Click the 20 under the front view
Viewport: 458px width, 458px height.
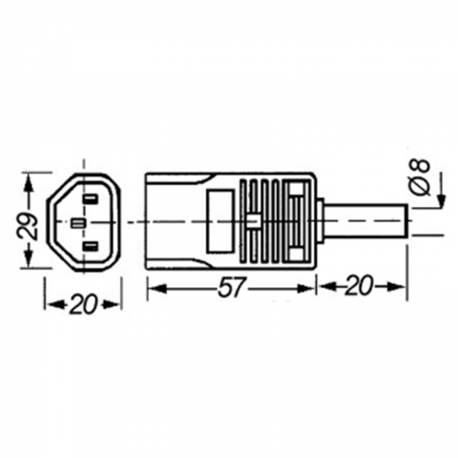click(x=83, y=305)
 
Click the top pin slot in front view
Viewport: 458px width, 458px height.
click(x=90, y=199)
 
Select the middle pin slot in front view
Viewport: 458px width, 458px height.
click(x=79, y=224)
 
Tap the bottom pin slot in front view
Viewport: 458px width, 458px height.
click(x=90, y=247)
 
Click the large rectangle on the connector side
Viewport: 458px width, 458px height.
click(x=221, y=221)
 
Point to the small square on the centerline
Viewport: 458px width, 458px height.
click(x=253, y=221)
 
